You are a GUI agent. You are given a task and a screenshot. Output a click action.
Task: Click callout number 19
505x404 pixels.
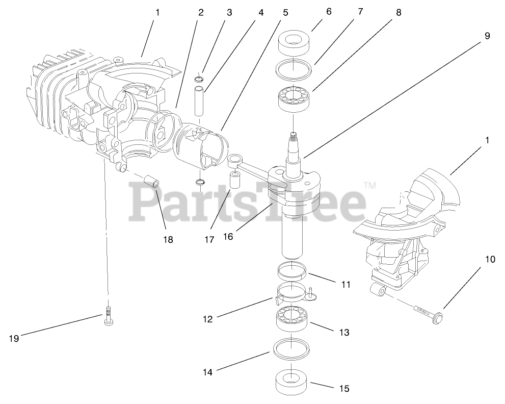(14, 338)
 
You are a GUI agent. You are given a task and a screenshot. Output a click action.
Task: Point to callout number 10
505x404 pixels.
(490, 259)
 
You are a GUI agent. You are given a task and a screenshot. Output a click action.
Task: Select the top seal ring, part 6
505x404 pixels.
(296, 44)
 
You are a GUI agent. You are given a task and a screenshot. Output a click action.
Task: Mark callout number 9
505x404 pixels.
(487, 36)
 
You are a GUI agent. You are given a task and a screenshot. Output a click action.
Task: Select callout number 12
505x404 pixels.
(207, 319)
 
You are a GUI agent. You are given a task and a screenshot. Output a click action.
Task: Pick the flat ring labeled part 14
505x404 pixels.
(292, 349)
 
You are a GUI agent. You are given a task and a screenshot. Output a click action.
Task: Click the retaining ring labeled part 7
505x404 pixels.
(296, 69)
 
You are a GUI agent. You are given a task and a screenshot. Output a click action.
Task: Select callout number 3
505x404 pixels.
(229, 12)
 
